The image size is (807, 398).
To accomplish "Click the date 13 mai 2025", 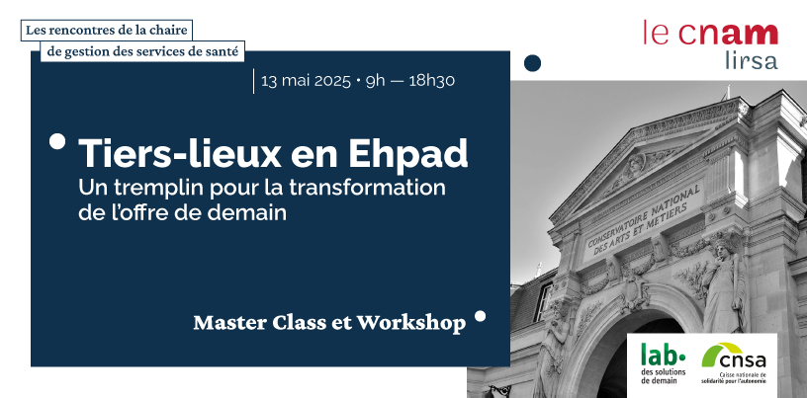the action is point(306,81).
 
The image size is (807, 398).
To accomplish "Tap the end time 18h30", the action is point(432,81).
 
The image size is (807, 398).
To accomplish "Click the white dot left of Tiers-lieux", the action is point(57,141).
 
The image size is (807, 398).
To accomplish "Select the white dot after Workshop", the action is point(481,316).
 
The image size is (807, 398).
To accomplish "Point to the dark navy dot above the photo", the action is point(532,63).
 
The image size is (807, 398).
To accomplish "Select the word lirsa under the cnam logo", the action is point(751,60).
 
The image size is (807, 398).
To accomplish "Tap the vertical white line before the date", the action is point(253,81).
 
